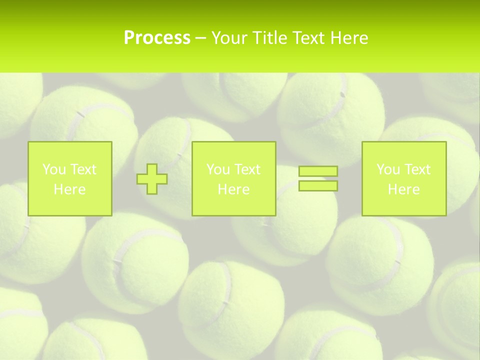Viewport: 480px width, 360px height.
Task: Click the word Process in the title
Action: (x=157, y=38)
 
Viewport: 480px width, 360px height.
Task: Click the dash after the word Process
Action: (x=200, y=38)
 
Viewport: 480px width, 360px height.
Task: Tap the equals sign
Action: (x=318, y=178)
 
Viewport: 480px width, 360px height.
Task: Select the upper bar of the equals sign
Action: (x=318, y=171)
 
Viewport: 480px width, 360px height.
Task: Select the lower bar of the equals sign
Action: (x=318, y=185)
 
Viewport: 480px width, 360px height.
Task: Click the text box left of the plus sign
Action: (x=70, y=178)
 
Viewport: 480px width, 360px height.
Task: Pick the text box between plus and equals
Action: (x=233, y=178)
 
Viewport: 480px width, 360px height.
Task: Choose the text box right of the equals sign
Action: (x=403, y=178)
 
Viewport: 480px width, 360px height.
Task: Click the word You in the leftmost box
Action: (x=53, y=169)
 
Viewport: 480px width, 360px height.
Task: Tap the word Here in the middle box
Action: (x=233, y=189)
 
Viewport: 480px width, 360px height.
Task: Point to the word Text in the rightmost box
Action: (x=417, y=169)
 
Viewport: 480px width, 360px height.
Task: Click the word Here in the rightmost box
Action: (x=403, y=189)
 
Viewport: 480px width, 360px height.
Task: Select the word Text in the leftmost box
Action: (x=83, y=169)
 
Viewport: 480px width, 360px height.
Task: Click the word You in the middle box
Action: (x=217, y=169)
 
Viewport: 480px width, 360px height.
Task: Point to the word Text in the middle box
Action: (x=247, y=169)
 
